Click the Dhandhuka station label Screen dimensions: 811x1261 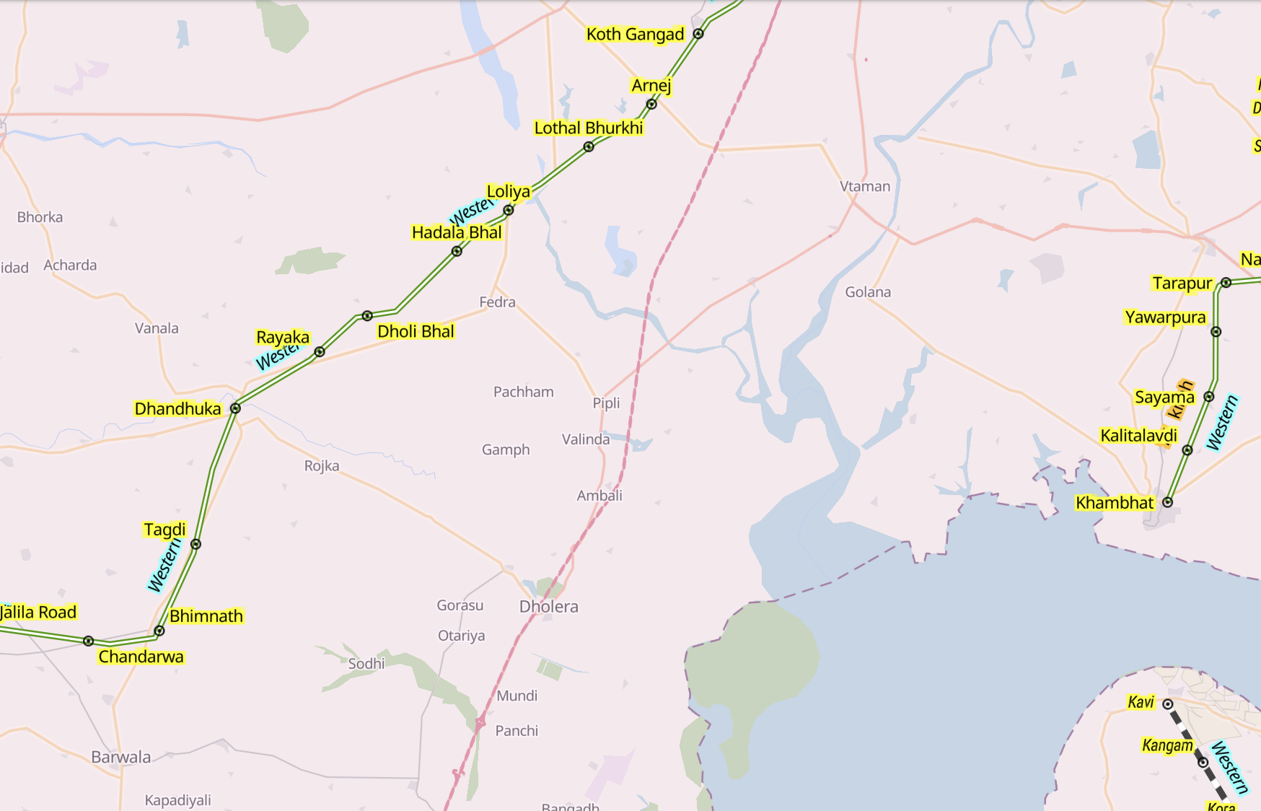(x=177, y=408)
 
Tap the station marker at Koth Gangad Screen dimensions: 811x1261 (x=698, y=34)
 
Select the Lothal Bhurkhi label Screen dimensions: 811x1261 (x=588, y=128)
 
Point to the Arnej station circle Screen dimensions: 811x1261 (x=651, y=104)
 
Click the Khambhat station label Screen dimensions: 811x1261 (x=1114, y=503)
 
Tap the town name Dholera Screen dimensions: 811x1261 (x=548, y=607)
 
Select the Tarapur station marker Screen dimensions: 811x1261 (x=1226, y=283)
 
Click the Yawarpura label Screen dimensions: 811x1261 (x=1164, y=317)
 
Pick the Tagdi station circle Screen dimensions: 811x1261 (x=195, y=544)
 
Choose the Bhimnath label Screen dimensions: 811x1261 (x=206, y=616)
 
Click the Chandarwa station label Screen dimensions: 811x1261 (x=141, y=657)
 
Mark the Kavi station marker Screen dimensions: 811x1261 (x=1168, y=704)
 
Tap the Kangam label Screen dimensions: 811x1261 (x=1166, y=745)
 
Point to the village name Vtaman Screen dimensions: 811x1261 (x=864, y=186)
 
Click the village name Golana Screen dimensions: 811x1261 (x=867, y=292)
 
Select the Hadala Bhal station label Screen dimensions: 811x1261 (x=457, y=232)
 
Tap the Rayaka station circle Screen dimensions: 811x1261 (x=320, y=352)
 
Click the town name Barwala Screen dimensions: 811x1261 (x=120, y=757)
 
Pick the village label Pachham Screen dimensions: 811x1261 (x=523, y=392)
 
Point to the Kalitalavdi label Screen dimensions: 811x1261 (x=1138, y=436)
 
